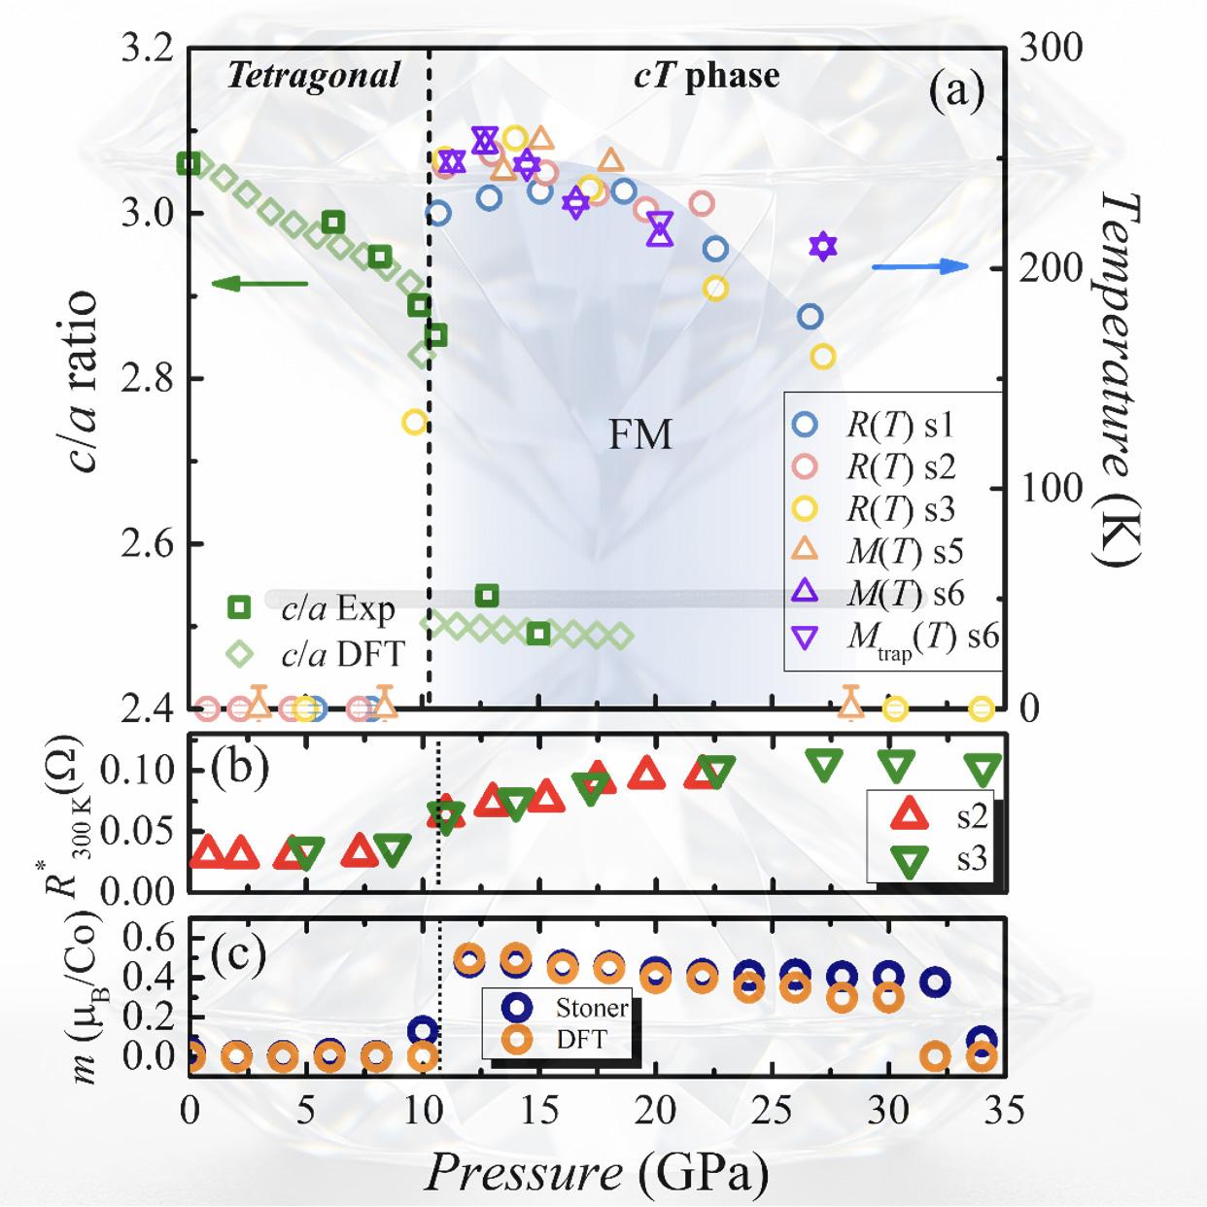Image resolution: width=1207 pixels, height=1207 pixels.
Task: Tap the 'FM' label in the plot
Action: point(639,435)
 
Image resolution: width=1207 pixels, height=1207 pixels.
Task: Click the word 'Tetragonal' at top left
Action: point(312,76)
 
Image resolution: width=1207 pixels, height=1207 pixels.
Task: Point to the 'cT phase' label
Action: point(707,76)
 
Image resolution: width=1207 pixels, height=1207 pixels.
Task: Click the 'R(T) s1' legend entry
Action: point(899,425)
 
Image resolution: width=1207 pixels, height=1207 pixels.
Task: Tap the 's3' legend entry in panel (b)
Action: point(970,858)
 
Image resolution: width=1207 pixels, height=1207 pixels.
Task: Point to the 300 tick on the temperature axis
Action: point(1051,49)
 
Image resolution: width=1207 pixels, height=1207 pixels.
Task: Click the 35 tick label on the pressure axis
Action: point(1002,1109)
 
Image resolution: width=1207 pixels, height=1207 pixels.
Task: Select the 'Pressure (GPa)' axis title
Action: point(596,1172)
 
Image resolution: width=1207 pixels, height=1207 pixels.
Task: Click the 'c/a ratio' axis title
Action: point(80,379)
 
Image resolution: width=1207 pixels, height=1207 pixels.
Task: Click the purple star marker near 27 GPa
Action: point(823,247)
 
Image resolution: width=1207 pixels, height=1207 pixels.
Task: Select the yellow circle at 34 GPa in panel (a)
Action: point(982,708)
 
